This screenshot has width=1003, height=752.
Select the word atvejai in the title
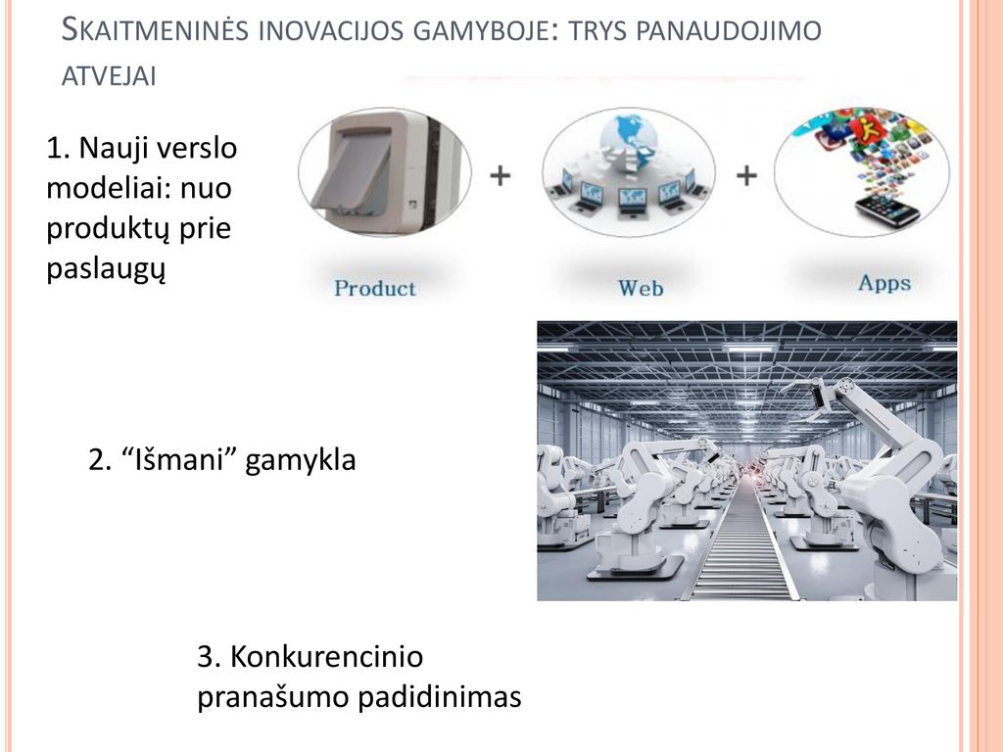[x=109, y=76]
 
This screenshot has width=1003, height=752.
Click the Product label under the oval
[x=375, y=289]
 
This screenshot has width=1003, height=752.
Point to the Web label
[x=641, y=289]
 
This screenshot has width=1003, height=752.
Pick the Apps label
[x=884, y=283]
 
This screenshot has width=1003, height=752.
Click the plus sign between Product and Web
[x=501, y=175]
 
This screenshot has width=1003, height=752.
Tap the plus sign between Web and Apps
[x=746, y=175]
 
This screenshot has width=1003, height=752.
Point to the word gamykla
[x=300, y=461]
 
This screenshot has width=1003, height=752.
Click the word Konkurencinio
[x=326, y=657]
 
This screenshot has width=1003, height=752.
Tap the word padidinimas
[x=440, y=697]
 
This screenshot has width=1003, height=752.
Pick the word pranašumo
[x=273, y=697]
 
